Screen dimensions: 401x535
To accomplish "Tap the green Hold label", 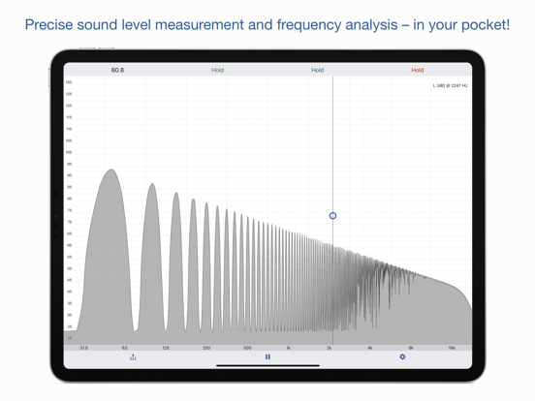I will pyautogui.click(x=217, y=71).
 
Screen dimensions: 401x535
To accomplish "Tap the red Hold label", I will pyautogui.click(x=417, y=71).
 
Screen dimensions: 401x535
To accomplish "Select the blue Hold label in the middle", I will pyautogui.click(x=317, y=71).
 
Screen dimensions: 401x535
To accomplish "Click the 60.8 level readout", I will pyautogui.click(x=117, y=71).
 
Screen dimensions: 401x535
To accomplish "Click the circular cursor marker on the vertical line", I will pyautogui.click(x=332, y=216).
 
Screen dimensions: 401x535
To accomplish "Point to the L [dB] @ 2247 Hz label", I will pyautogui.click(x=450, y=86).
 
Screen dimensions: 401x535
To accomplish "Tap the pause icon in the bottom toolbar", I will pyautogui.click(x=267, y=357).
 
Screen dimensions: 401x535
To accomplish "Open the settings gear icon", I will pyautogui.click(x=402, y=357).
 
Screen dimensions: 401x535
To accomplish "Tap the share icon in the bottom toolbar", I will pyautogui.click(x=133, y=357).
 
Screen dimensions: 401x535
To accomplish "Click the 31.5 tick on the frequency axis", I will pyautogui.click(x=83, y=348).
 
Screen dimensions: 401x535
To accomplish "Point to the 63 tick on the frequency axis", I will pyautogui.click(x=124, y=348).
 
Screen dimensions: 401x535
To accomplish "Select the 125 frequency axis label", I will pyautogui.click(x=166, y=348).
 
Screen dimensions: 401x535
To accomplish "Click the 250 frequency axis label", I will pyautogui.click(x=206, y=348).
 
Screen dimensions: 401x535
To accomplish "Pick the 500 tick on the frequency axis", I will pyautogui.click(x=247, y=348).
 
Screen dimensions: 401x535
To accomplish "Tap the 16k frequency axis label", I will pyautogui.click(x=452, y=348).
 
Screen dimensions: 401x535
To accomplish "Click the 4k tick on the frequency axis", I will pyautogui.click(x=370, y=348).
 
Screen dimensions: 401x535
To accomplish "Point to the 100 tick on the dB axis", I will pyautogui.click(x=69, y=152).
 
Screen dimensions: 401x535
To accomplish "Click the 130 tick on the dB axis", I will pyautogui.click(x=69, y=82).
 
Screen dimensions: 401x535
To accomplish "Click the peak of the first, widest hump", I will pyautogui.click(x=110, y=171).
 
